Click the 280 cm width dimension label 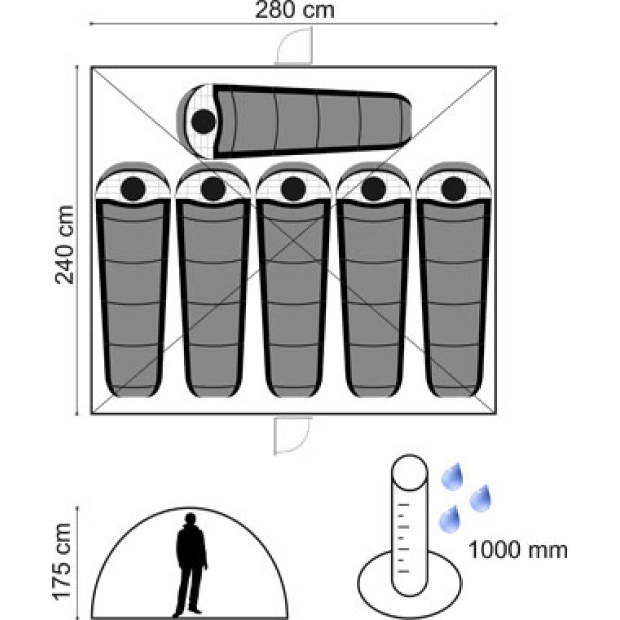(x=295, y=10)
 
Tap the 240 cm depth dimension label (x=64, y=245)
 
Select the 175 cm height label (x=63, y=562)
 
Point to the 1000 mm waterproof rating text (x=518, y=550)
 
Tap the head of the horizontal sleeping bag (x=203, y=121)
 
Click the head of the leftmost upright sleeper (x=134, y=188)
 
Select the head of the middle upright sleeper (x=293, y=188)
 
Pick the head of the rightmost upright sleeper (x=454, y=188)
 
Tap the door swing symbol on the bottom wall (x=293, y=435)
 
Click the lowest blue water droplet (x=450, y=519)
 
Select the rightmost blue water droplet (x=480, y=498)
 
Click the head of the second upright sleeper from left (x=213, y=188)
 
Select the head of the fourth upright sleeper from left (x=374, y=188)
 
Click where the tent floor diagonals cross (x=293, y=241)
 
